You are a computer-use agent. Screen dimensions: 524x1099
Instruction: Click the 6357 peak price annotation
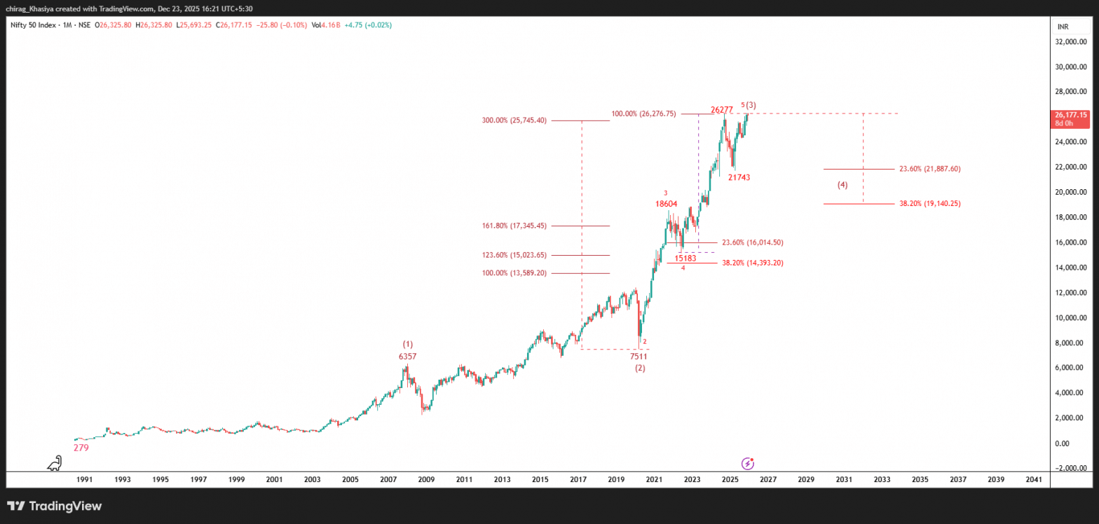[408, 357]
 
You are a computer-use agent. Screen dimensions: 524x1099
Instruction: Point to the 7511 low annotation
[638, 357]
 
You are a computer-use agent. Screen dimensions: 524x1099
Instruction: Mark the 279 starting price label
[81, 448]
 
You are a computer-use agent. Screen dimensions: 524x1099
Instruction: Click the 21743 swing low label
[739, 178]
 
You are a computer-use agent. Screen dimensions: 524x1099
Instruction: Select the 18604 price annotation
[666, 204]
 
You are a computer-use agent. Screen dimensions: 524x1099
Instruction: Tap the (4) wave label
[842, 186]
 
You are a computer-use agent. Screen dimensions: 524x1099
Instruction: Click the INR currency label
[1063, 27]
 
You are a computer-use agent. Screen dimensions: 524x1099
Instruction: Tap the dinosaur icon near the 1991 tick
[55, 462]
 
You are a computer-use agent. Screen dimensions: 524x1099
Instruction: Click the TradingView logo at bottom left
[55, 506]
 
